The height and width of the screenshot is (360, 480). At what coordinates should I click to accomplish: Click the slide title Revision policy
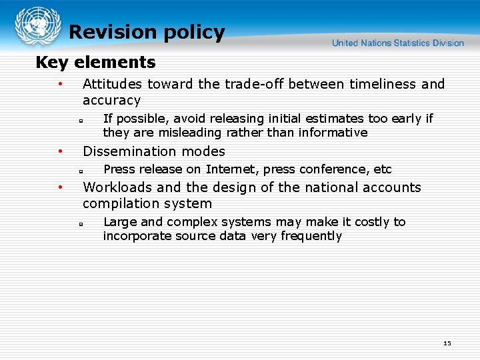147,32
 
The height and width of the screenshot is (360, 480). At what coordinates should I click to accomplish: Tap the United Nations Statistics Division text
398,43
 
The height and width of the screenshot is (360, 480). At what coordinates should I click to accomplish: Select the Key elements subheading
95,63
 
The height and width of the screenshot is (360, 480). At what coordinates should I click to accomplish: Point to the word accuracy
111,101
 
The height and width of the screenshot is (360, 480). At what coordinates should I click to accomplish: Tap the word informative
332,133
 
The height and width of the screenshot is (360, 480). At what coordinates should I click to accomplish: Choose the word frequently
311,236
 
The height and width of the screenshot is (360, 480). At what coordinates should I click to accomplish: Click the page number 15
447,343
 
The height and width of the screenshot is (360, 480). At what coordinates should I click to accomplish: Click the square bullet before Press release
79,171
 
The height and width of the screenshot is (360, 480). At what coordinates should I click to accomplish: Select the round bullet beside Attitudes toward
60,84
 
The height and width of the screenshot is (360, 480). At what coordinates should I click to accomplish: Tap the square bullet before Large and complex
79,223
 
